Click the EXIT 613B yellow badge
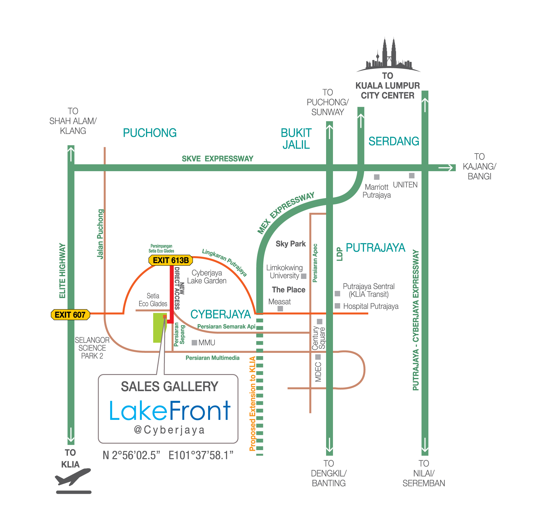pos(171,260)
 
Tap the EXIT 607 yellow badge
pos(70,315)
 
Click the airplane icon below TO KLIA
pos(73,477)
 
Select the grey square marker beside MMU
pos(194,343)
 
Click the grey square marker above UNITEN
pos(412,176)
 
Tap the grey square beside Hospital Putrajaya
pos(337,306)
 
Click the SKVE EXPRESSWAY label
pos(217,159)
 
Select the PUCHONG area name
pos(150,133)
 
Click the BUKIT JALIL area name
pos(296,139)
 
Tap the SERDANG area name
pos(394,141)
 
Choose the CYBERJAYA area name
pos(220,315)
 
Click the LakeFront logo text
pos(170,411)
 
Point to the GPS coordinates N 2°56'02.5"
pos(132,455)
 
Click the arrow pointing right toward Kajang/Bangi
pos(446,168)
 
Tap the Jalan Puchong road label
pos(100,234)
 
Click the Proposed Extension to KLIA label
pos(252,404)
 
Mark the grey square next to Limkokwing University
pos(304,276)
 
